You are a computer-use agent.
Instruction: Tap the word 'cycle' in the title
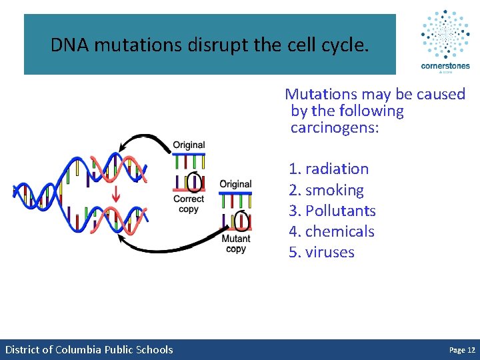[x=343, y=45]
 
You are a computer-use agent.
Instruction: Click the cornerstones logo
[x=445, y=40]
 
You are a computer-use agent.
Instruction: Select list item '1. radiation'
[x=329, y=169]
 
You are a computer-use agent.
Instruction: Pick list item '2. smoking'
[x=326, y=190]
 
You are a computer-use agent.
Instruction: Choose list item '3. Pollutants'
[x=332, y=211]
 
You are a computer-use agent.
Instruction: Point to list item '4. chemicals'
[x=331, y=231]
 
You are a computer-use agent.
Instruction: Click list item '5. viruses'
[x=321, y=252]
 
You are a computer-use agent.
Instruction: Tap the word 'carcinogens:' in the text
[x=335, y=127]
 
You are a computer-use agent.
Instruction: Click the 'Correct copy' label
[x=189, y=204]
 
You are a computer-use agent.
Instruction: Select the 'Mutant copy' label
[x=236, y=243]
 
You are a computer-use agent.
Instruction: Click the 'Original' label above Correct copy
[x=189, y=145]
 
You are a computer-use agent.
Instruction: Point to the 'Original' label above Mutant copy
[x=235, y=184]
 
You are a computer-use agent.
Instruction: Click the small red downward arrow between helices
[x=115, y=195]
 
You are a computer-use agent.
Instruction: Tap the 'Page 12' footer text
[x=462, y=350]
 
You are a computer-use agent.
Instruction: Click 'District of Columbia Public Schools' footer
[x=89, y=350]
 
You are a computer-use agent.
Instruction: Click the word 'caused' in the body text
[x=439, y=94]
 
